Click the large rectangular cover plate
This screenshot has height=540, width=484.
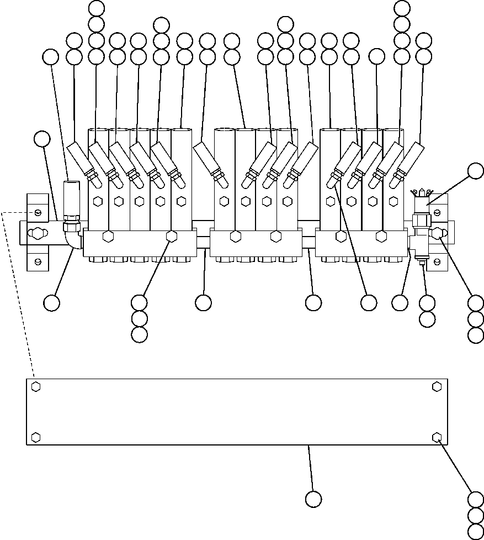point(237,411)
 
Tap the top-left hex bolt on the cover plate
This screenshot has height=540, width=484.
point(36,386)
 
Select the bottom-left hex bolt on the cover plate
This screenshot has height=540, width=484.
point(36,437)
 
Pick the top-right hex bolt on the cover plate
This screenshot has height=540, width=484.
point(437,386)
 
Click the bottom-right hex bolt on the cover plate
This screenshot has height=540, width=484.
point(437,437)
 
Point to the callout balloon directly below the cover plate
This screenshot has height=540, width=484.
point(313,499)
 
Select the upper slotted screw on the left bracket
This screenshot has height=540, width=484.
point(37,213)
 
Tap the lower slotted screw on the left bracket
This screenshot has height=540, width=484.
point(37,261)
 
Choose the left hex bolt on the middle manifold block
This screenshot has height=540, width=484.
point(236,237)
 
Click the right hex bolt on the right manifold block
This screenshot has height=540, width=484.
point(381,237)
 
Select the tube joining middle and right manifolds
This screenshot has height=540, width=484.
point(309,242)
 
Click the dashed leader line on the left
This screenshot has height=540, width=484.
point(17,293)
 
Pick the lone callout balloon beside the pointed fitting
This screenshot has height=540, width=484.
point(475,171)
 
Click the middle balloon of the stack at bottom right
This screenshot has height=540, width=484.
point(475,516)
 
